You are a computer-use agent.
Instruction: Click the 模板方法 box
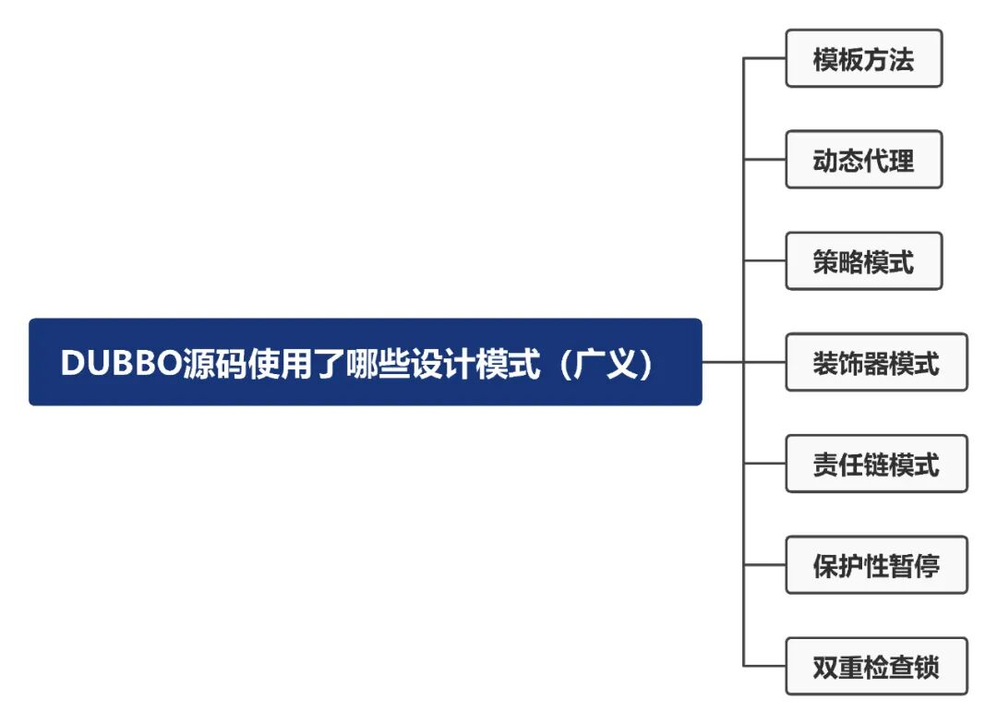coord(863,59)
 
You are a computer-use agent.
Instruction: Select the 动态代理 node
coord(863,160)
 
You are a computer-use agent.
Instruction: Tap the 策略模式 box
coord(863,261)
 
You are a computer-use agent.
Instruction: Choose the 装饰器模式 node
coord(876,362)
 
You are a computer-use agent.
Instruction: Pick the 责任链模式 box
coord(876,464)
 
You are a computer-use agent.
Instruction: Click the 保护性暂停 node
coord(876,564)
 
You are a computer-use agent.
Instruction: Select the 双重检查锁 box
coord(876,666)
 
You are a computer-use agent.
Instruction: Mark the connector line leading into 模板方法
coord(764,59)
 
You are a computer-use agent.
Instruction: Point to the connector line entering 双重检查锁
coord(764,666)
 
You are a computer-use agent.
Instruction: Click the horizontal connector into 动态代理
coord(764,160)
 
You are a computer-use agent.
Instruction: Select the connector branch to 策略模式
coord(764,261)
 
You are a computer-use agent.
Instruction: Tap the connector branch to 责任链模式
coord(764,464)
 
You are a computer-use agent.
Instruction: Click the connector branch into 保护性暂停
coord(764,564)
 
